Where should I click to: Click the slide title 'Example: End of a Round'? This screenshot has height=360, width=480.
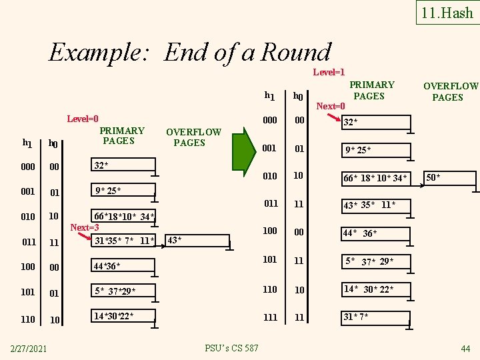coord(190,52)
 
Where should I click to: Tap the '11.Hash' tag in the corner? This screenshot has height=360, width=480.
coord(447,13)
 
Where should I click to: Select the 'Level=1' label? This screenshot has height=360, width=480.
coord(329,71)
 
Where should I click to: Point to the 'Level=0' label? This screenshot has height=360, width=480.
coord(83,119)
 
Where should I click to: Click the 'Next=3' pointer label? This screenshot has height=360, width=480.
coord(85,227)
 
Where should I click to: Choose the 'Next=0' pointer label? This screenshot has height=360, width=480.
coord(331,106)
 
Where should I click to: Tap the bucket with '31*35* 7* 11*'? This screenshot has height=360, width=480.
coord(123,240)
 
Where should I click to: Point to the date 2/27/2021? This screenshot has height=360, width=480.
coord(28,347)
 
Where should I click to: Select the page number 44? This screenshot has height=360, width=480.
coord(465,348)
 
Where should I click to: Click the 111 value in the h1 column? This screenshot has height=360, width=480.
coord(270,317)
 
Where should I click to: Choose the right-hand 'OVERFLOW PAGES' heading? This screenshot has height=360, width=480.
coord(450,91)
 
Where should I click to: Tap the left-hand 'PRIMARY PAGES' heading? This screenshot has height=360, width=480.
coord(121,135)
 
